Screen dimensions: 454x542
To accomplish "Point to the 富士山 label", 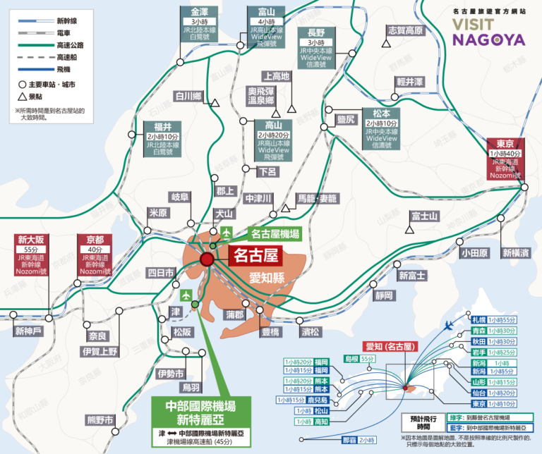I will coord(425,215).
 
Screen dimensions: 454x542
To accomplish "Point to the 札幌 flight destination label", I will coord(478,319).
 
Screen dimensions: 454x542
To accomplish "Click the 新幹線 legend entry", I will coord(49,21).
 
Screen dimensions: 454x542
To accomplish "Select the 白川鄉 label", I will coord(189,96).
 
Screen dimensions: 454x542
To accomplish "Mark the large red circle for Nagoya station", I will coord(207,260).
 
